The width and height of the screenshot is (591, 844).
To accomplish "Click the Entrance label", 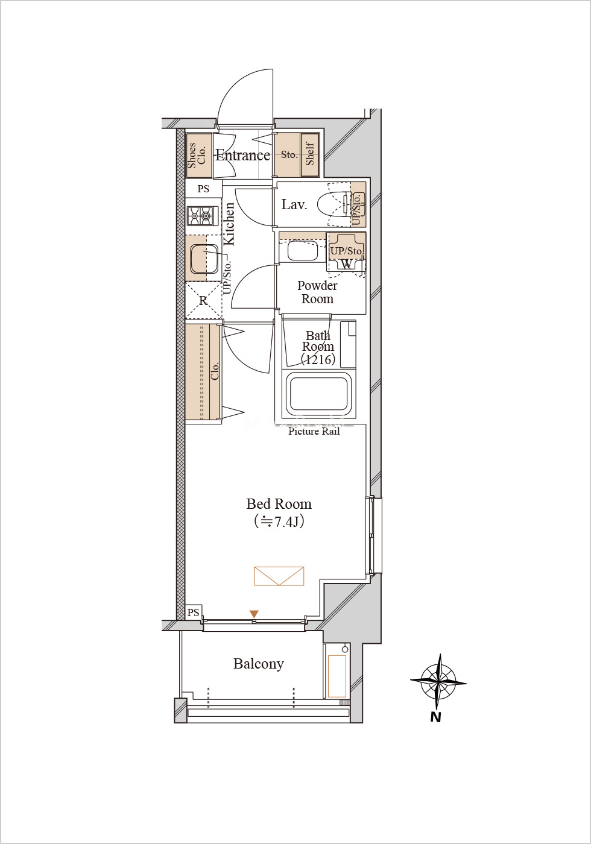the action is coord(242,156).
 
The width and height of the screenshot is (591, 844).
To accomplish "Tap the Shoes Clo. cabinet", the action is coord(199,156).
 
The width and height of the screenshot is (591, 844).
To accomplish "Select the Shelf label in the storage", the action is coord(310,154).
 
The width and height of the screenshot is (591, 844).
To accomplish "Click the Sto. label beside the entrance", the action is coord(289,154).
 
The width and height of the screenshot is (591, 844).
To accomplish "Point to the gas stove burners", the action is coord(200,216).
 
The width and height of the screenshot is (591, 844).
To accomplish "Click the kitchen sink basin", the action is coord(204,259).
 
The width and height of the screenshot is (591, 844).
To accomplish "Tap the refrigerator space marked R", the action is coord(203,301).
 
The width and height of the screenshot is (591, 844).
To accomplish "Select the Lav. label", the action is coord(294,204).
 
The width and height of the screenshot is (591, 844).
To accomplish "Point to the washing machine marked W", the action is coord(346,264).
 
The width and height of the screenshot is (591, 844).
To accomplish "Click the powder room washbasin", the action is coord(302,251).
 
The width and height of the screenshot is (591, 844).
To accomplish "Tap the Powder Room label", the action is coord(317,292).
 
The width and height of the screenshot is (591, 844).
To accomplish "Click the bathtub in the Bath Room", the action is coord(319,395).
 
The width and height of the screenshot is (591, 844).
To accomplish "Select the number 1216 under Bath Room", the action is coord(318,360).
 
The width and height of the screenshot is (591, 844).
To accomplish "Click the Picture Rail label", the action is coord(314,432).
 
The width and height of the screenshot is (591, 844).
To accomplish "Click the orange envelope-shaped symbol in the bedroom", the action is coord(279,576).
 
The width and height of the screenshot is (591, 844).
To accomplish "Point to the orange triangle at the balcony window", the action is coord(254,614).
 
